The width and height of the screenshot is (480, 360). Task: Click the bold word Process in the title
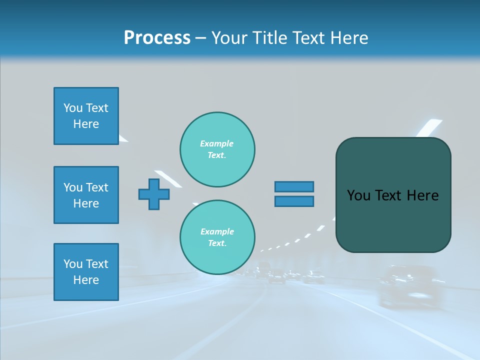pos(157,38)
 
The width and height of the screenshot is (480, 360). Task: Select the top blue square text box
pos(86,116)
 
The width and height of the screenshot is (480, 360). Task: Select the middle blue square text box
pos(86,195)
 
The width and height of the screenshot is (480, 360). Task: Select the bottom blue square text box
pos(86,272)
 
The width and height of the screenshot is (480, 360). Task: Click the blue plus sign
pos(154,194)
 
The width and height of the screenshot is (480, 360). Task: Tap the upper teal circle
pos(217,149)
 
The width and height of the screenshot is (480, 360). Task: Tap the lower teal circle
pos(217,237)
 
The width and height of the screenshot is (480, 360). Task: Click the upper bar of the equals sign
pos(294,187)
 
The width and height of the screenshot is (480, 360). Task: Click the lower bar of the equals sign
pos(294,201)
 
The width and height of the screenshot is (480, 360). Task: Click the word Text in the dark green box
pos(389,195)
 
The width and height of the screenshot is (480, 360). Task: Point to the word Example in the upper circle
pos(217,143)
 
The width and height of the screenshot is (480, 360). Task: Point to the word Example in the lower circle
pos(217,231)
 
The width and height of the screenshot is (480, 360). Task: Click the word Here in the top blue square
pos(86,124)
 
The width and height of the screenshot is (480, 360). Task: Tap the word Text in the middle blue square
pos(96,187)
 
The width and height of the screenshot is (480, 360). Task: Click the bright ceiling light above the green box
pos(430,126)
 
